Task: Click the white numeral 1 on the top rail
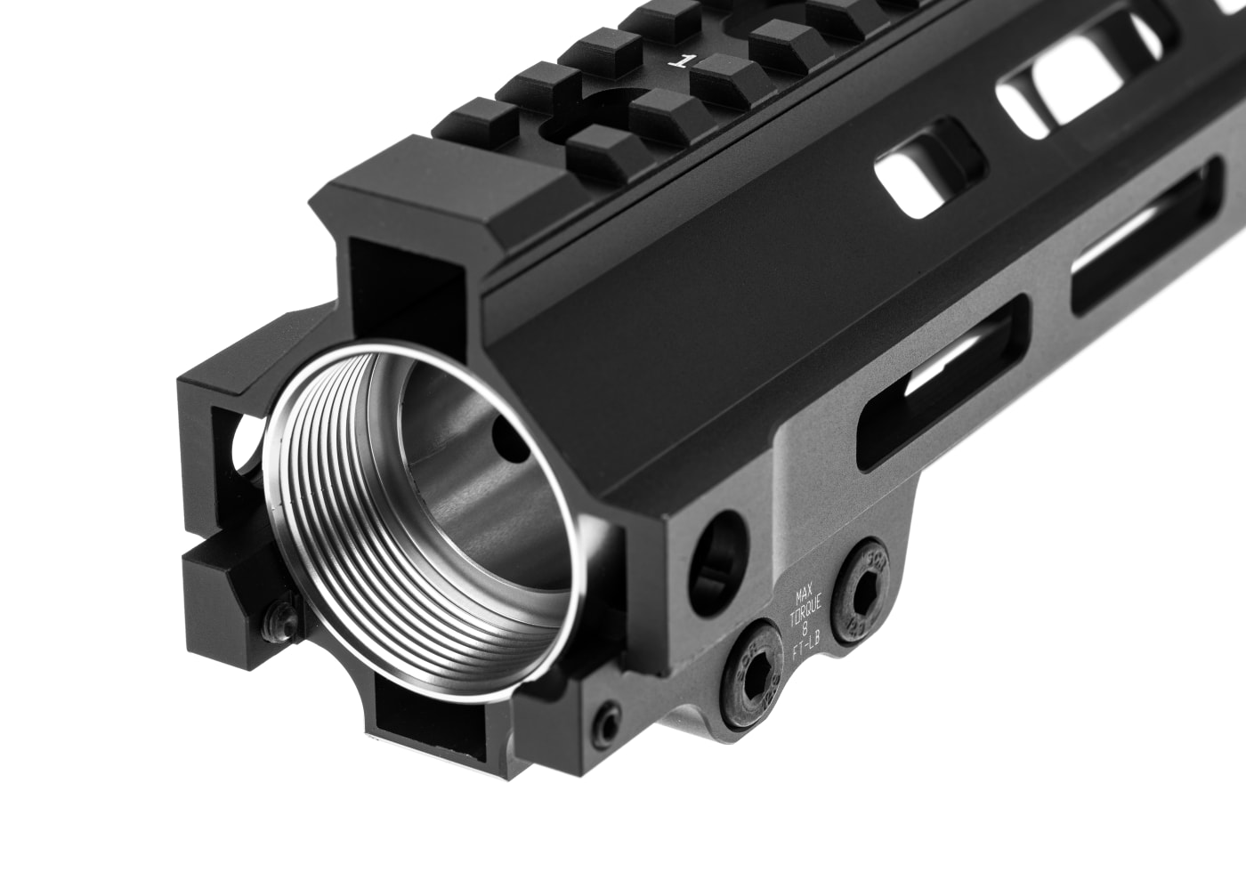[x=684, y=61]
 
